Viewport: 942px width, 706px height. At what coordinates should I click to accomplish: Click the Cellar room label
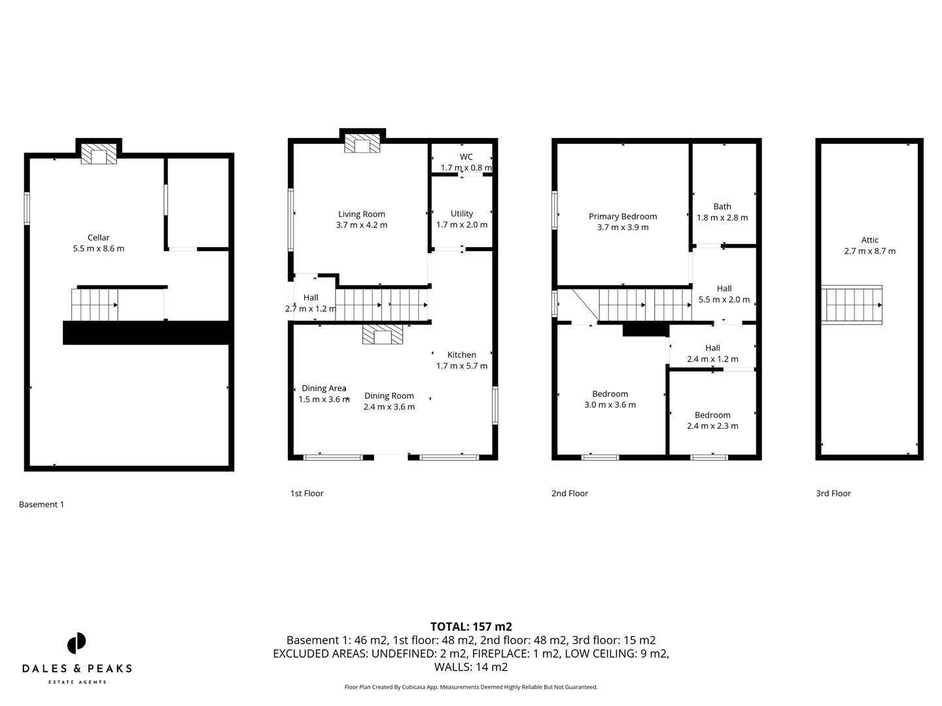tap(99, 238)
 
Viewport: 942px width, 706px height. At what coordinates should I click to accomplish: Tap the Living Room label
tap(361, 214)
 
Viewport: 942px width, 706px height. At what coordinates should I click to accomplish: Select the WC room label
tap(466, 157)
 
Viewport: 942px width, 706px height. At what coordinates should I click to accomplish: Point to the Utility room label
tap(461, 214)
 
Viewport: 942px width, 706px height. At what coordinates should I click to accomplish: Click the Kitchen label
tap(461, 355)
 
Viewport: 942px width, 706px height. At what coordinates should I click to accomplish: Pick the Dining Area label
tap(324, 388)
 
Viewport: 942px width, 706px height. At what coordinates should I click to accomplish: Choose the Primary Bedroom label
tap(622, 216)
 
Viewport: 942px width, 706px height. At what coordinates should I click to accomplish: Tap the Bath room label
tap(722, 207)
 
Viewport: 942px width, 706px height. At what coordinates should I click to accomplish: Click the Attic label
tap(869, 240)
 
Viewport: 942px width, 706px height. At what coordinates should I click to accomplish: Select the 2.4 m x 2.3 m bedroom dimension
tap(712, 426)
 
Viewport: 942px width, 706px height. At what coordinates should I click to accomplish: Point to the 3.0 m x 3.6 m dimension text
tap(610, 405)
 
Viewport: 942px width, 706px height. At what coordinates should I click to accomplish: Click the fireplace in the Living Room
tap(362, 144)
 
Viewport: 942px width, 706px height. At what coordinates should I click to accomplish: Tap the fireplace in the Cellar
tap(99, 155)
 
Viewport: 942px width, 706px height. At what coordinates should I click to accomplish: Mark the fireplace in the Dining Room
tap(383, 335)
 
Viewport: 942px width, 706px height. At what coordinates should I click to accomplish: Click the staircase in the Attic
tap(852, 305)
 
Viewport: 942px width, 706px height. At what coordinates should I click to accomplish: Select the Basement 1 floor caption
tap(41, 505)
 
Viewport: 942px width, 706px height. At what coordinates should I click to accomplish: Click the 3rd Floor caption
tap(833, 494)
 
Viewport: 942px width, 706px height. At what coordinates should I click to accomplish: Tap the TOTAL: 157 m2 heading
tap(471, 627)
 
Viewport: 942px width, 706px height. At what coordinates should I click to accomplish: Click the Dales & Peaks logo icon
tap(77, 643)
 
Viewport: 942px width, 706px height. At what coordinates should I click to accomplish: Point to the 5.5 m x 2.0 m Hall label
tap(724, 294)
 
